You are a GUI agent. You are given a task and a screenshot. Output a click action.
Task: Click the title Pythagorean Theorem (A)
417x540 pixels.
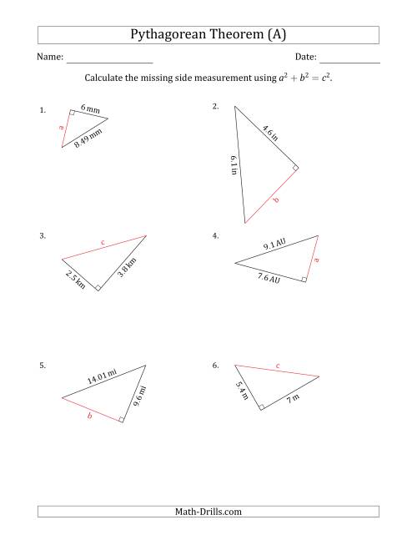click(208, 34)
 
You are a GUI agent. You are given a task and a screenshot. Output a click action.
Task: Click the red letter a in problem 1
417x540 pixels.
click(61, 128)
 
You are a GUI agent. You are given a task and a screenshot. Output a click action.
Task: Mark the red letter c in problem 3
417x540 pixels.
click(103, 243)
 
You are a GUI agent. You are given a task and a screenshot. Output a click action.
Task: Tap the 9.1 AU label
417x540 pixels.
click(274, 245)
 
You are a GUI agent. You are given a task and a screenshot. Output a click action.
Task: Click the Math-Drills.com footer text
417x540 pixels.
click(208, 512)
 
